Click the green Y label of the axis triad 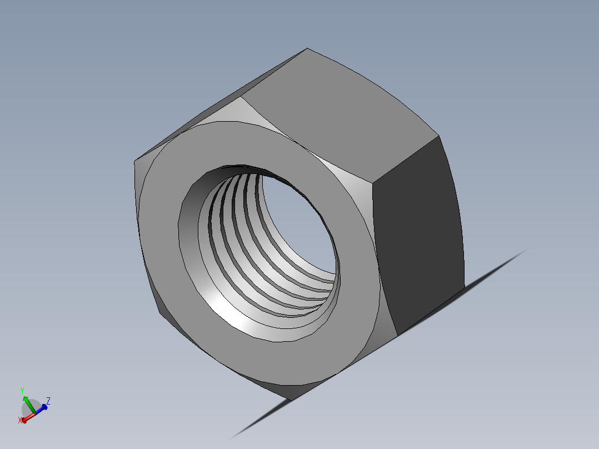[22, 390]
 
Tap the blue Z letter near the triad [48, 400]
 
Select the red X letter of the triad [21, 420]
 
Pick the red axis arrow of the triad [28, 417]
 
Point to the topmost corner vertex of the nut [307, 48]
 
